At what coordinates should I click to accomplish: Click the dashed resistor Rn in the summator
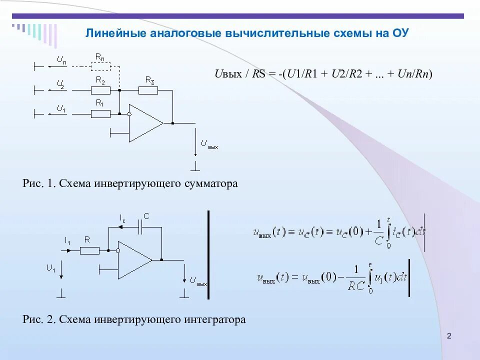click(x=100, y=66)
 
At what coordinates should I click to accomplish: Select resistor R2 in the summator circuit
click(x=100, y=90)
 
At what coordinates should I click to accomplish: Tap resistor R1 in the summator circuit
click(x=100, y=114)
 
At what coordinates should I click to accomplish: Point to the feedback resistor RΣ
click(x=148, y=90)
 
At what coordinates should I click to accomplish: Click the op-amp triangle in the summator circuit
click(x=144, y=123)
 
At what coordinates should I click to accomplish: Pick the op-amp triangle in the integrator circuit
click(x=133, y=260)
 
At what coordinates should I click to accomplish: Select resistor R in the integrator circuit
click(x=90, y=250)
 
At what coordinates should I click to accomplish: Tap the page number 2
click(x=448, y=335)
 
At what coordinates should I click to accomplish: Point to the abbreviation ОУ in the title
click(x=401, y=34)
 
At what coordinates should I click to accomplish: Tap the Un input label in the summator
click(x=61, y=59)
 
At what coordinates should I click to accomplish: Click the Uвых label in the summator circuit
click(x=209, y=144)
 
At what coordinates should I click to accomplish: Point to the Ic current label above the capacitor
click(x=122, y=218)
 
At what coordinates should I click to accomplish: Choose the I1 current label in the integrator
click(x=67, y=241)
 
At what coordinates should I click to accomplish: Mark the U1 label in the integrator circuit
click(x=51, y=268)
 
